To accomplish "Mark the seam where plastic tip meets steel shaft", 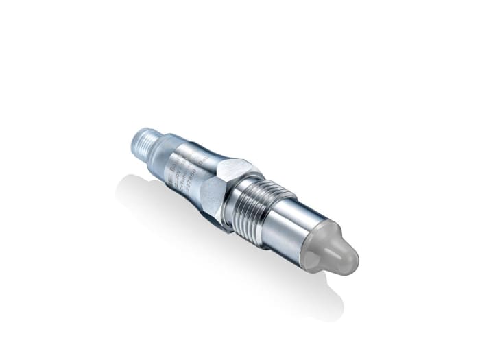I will tap(308, 237).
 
